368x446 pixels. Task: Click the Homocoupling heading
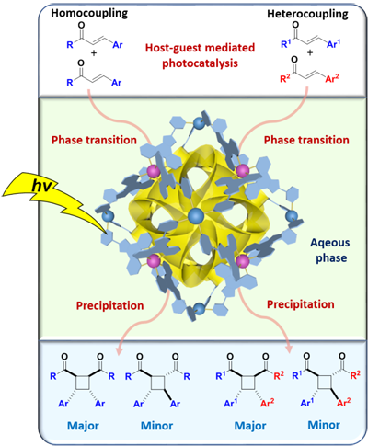(89, 13)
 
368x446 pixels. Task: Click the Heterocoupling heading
(307, 14)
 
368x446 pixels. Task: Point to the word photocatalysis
(200, 63)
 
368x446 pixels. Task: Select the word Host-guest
(172, 48)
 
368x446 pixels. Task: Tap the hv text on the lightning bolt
(41, 186)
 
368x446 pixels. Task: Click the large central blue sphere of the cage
(196, 216)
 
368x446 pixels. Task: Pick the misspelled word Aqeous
(330, 243)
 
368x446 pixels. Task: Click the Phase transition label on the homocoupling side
(94, 140)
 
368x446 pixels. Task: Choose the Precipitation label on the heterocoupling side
(301, 304)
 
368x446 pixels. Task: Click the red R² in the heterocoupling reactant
(285, 80)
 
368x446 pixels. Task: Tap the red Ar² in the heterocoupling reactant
(332, 79)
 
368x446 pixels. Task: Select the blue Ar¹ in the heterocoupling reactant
(334, 44)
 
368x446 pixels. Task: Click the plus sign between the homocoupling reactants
(94, 53)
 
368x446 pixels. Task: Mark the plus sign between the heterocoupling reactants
(310, 52)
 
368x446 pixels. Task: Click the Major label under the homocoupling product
(83, 426)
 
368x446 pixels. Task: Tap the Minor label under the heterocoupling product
(324, 425)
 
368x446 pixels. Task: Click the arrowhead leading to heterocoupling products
(289, 348)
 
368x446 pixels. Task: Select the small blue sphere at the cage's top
(199, 123)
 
